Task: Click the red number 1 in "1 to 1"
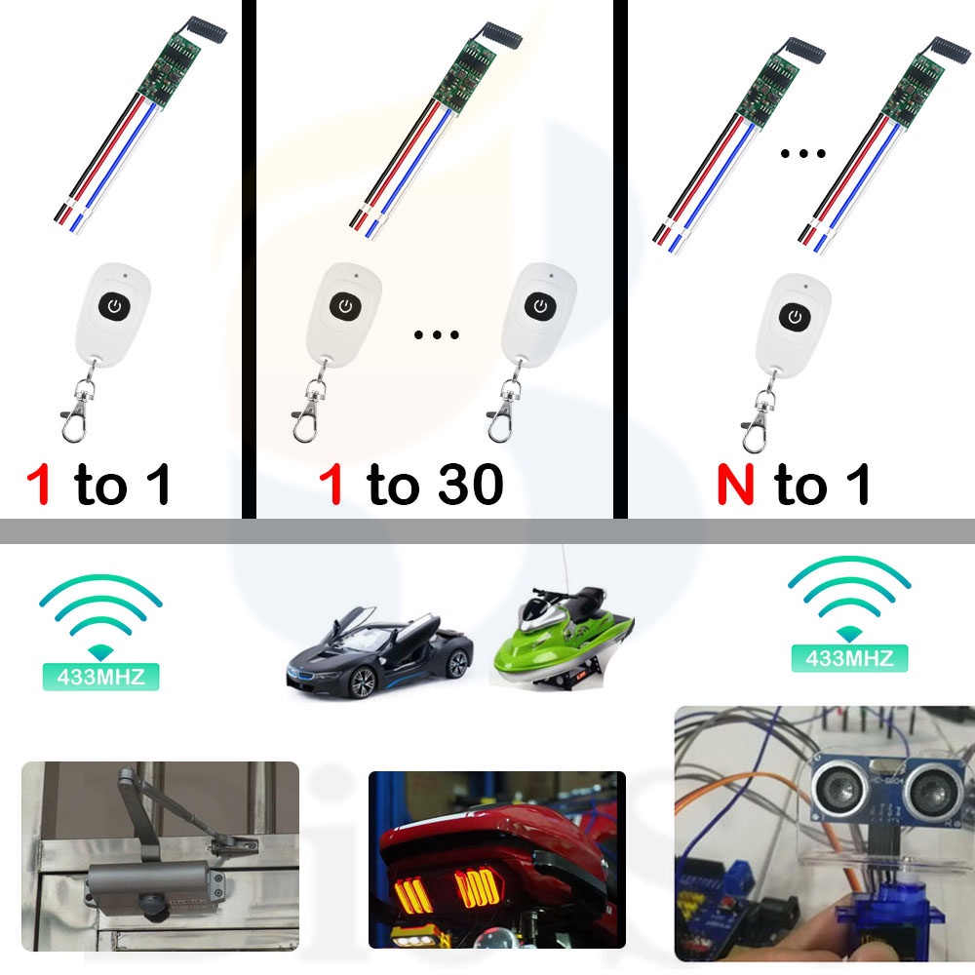click(38, 486)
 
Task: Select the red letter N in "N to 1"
click(736, 485)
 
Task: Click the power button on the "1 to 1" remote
click(115, 308)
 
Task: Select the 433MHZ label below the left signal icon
click(100, 676)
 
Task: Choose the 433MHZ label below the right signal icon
click(848, 658)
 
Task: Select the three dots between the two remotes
click(436, 336)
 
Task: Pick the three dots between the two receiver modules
click(804, 153)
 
